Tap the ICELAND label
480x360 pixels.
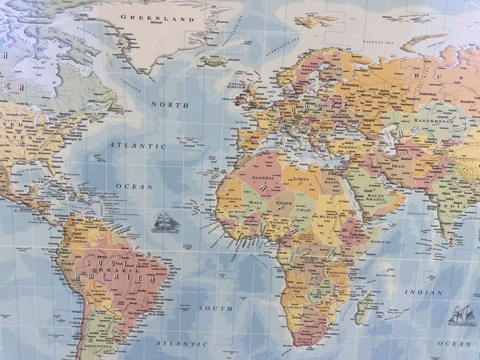(214, 61)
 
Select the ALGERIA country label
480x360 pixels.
(263, 178)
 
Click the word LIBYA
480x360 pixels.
(301, 180)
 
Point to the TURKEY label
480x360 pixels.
(348, 147)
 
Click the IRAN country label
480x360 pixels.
(398, 166)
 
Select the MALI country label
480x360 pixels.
(255, 202)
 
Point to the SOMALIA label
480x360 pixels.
(380, 242)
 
